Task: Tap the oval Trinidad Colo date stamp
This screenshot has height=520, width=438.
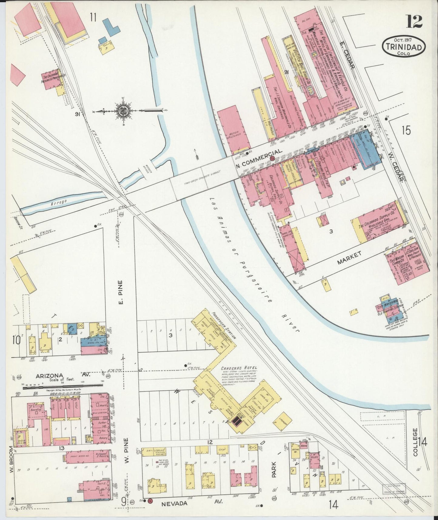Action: tap(404, 47)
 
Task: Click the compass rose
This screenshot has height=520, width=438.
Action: tap(123, 111)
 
